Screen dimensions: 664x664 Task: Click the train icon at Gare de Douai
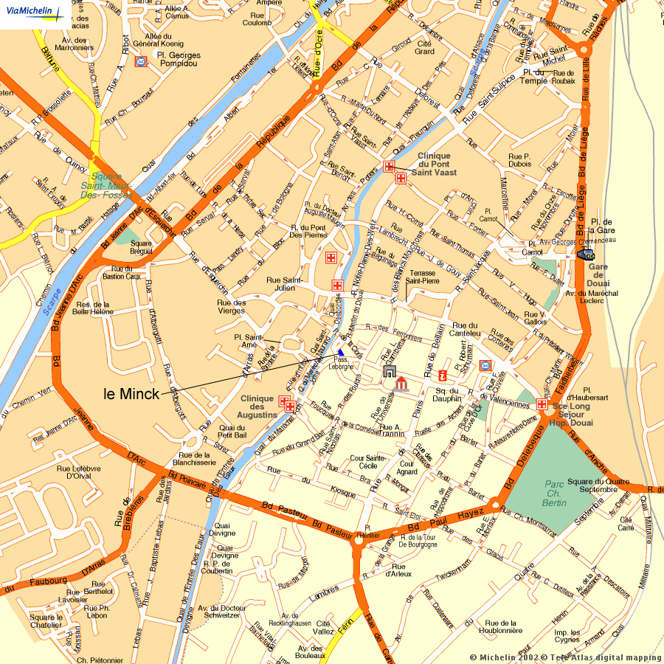point(586,254)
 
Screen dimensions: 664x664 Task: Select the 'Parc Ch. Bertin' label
point(555,494)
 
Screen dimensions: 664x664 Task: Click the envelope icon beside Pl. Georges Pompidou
point(141,61)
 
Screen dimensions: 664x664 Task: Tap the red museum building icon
point(401,385)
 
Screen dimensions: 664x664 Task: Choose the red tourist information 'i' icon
point(443,375)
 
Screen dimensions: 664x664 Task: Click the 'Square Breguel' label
point(141,247)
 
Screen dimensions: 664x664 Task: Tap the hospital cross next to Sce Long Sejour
point(542,404)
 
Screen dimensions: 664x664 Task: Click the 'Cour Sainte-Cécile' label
point(368,462)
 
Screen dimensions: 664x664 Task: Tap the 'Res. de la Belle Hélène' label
point(93,308)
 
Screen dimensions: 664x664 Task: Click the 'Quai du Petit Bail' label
point(231,432)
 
